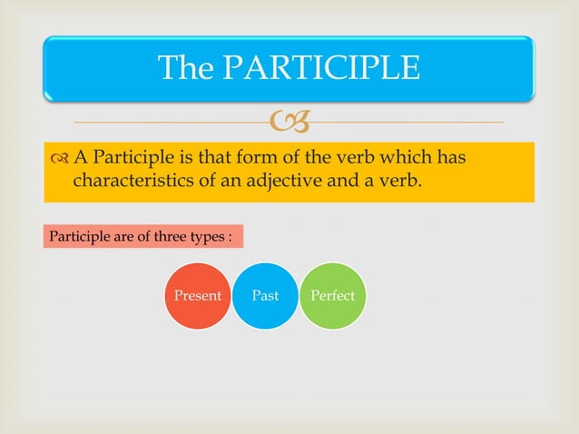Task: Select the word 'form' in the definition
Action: [263, 159]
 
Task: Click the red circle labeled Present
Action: [197, 296]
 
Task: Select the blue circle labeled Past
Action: [265, 296]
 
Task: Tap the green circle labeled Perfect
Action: [332, 296]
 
